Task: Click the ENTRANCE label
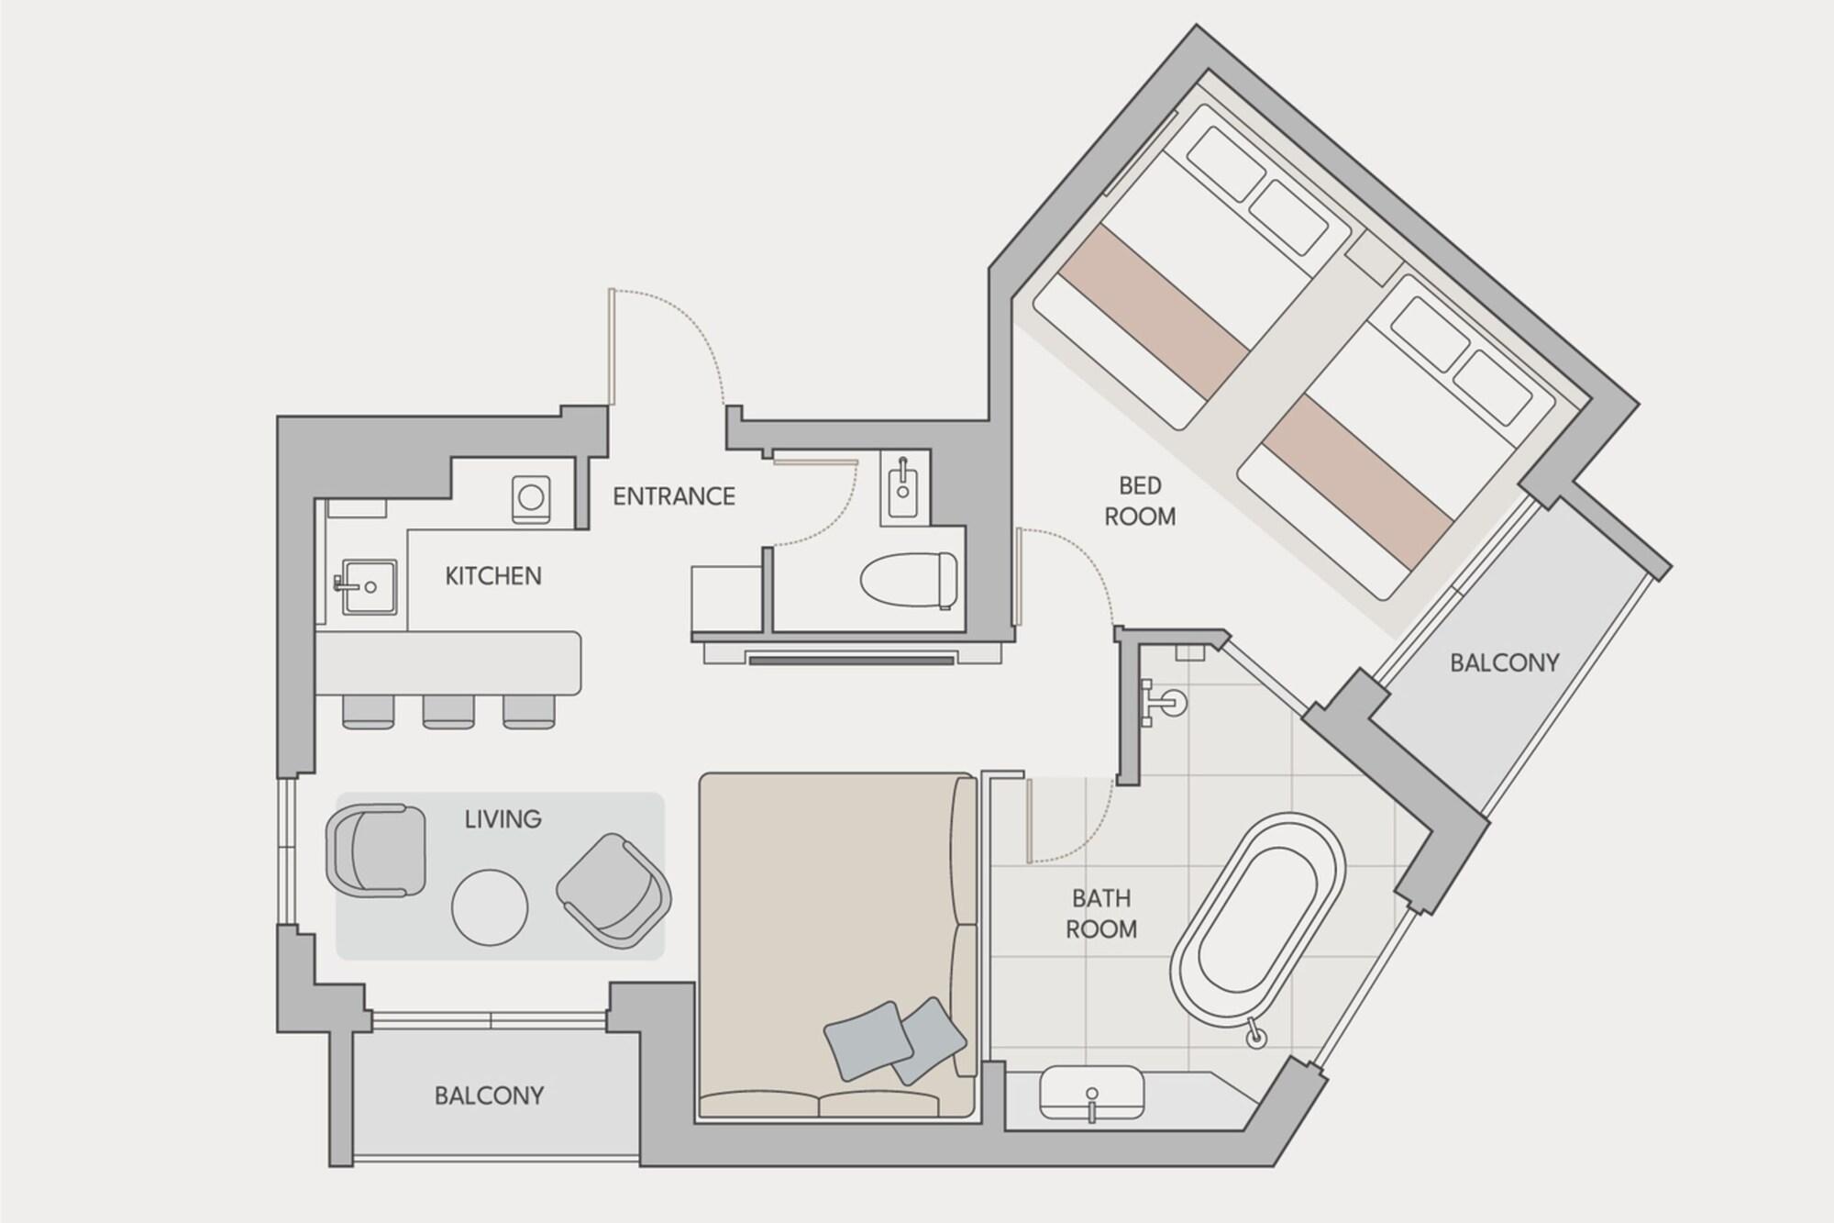click(673, 496)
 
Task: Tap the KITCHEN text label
click(493, 576)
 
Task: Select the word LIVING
click(503, 818)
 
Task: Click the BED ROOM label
click(1140, 501)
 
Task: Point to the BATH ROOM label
click(1101, 913)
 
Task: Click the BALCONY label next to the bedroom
click(1504, 662)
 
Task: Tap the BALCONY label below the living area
click(489, 1095)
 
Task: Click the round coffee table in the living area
click(490, 906)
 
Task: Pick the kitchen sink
click(370, 586)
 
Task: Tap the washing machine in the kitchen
click(531, 498)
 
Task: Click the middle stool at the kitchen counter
click(448, 711)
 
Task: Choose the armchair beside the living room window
click(376, 850)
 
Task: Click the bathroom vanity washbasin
click(1091, 1094)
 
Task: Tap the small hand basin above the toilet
click(904, 487)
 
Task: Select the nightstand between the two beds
click(1372, 257)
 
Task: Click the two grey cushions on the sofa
click(894, 1040)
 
